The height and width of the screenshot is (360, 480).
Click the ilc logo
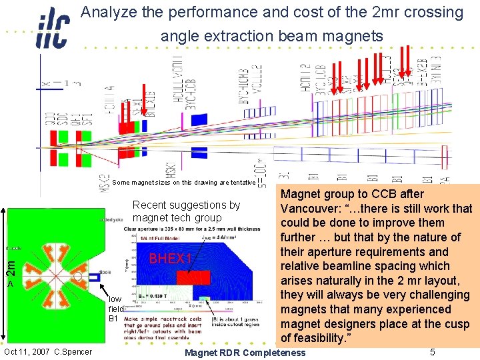click(52, 27)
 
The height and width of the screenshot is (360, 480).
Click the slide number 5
click(433, 352)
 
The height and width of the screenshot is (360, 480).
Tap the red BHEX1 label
click(170, 259)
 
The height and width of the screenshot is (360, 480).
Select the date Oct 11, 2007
click(27, 352)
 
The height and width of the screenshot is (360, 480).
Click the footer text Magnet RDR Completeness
click(244, 353)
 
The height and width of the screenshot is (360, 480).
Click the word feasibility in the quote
click(317, 338)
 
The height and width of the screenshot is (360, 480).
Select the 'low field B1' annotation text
click(116, 309)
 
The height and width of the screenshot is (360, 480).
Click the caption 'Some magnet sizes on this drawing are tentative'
click(183, 183)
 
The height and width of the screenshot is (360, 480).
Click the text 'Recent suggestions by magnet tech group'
click(186, 211)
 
